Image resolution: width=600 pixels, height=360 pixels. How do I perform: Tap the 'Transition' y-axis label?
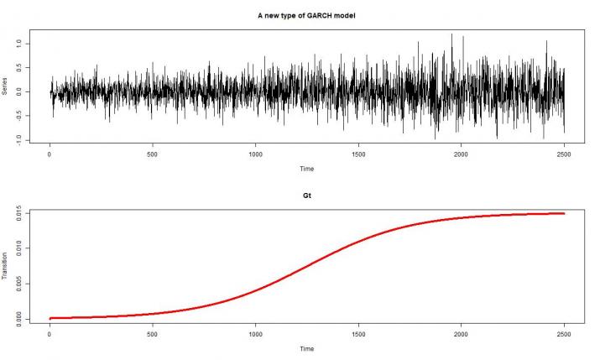click(x=6, y=266)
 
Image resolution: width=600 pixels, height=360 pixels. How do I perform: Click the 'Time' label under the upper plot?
click(x=307, y=169)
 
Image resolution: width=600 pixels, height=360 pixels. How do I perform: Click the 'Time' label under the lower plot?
click(x=307, y=347)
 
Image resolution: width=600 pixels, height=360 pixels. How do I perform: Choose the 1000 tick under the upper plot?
click(x=256, y=154)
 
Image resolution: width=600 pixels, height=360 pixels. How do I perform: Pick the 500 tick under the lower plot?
click(x=153, y=332)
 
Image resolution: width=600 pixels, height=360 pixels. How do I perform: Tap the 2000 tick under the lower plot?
click(x=462, y=332)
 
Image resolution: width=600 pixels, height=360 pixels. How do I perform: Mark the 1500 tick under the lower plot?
click(x=358, y=332)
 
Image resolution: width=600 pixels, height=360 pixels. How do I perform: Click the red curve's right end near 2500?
click(x=562, y=214)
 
